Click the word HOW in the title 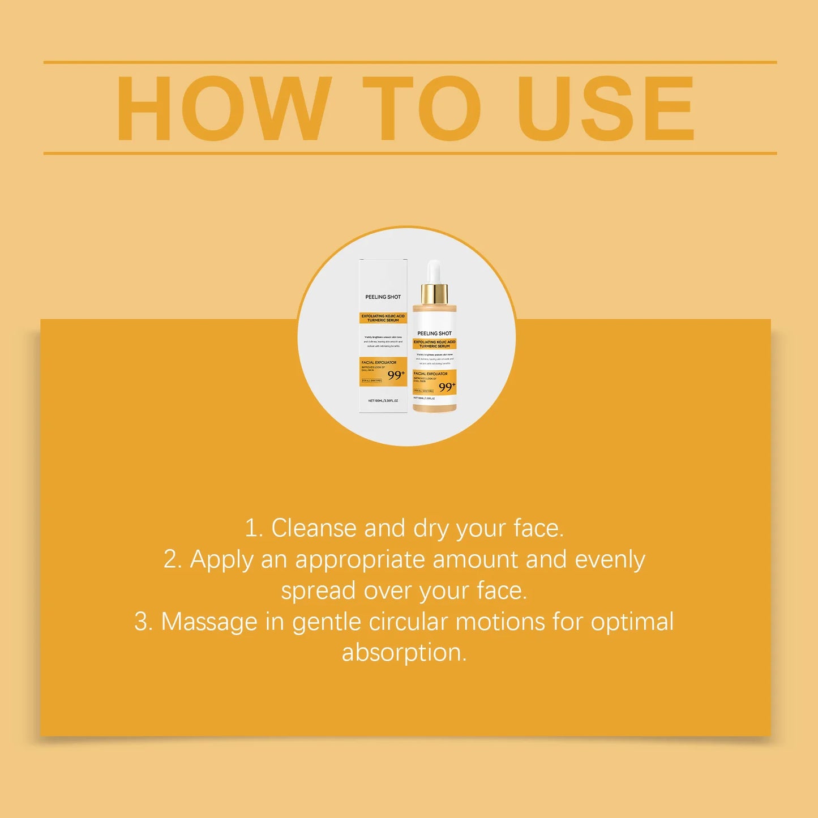224,108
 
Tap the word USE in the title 605,108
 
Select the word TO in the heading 422,108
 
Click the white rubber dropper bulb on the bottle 434,272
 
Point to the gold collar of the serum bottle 434,294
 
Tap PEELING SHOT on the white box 383,297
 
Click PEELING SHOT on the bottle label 434,333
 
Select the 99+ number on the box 396,375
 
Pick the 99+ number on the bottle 447,387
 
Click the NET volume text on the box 383,401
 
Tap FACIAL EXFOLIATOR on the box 379,362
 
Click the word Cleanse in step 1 314,528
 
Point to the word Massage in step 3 209,622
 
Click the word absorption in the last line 404,653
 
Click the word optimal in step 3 632,622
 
